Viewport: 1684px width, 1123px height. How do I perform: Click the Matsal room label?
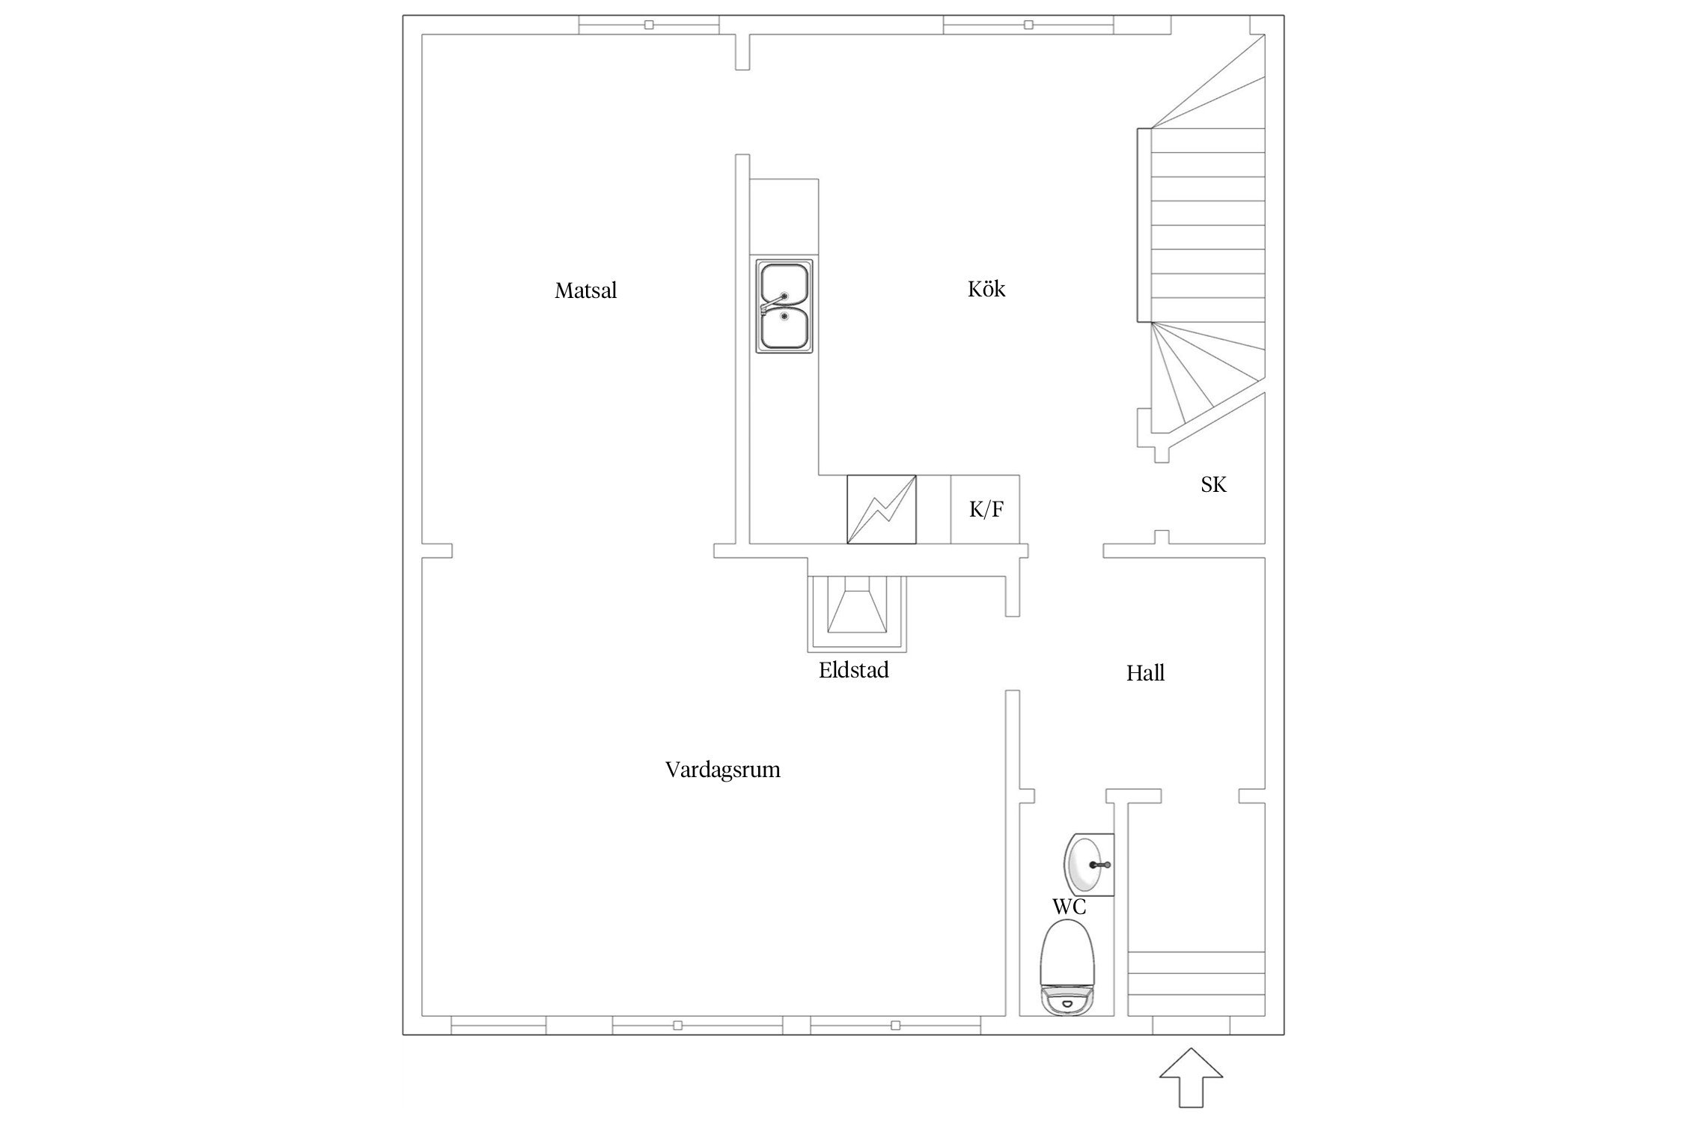(585, 290)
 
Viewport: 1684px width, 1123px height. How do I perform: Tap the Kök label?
(986, 288)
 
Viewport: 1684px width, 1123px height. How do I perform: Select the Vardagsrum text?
(722, 770)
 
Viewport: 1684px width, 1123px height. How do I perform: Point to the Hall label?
(1145, 673)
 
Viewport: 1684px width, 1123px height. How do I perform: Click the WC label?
(1069, 907)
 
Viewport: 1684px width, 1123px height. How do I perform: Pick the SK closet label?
(1213, 485)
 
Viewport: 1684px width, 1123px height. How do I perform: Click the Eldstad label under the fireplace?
(853, 669)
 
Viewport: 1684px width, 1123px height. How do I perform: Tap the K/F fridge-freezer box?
(985, 509)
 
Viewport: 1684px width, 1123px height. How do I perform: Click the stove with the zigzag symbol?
(881, 509)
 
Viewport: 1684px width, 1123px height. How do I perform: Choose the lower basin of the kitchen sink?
(784, 329)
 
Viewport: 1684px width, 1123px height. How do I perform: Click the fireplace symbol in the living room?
(857, 613)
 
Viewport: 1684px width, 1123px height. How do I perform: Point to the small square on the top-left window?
(649, 25)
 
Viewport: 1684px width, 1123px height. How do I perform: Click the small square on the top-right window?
(1028, 25)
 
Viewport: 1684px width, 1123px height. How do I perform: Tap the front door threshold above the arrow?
(1191, 1025)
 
